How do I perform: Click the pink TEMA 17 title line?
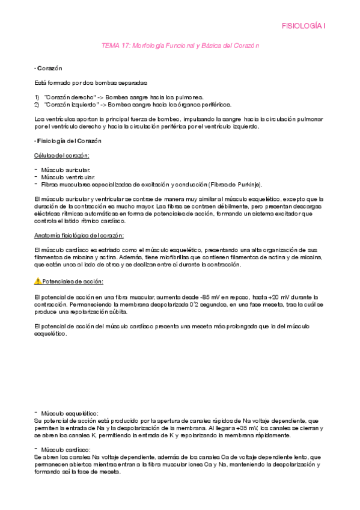(180, 46)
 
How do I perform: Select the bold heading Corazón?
(50, 69)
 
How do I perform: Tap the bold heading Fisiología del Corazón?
(69, 141)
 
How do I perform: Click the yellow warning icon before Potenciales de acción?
(38, 281)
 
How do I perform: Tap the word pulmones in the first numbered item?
(188, 97)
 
